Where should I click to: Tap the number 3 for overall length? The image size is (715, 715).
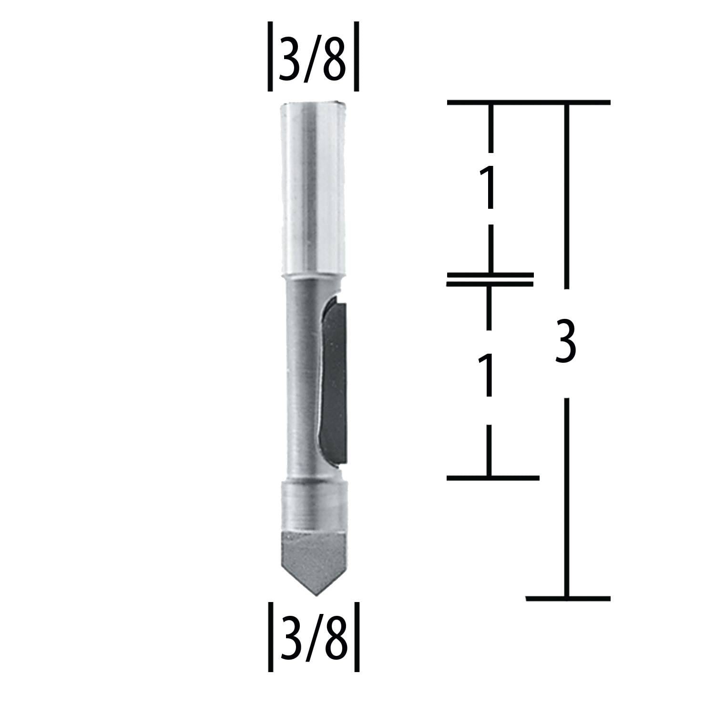(x=566, y=341)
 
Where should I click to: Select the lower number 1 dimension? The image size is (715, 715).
(x=488, y=375)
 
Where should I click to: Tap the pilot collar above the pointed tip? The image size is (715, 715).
(x=313, y=505)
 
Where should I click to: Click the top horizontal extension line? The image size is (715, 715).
(x=528, y=102)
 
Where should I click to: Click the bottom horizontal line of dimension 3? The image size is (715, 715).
(x=567, y=597)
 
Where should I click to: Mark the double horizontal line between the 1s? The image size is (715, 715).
(x=490, y=279)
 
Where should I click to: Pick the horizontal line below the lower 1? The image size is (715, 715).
(x=492, y=477)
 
